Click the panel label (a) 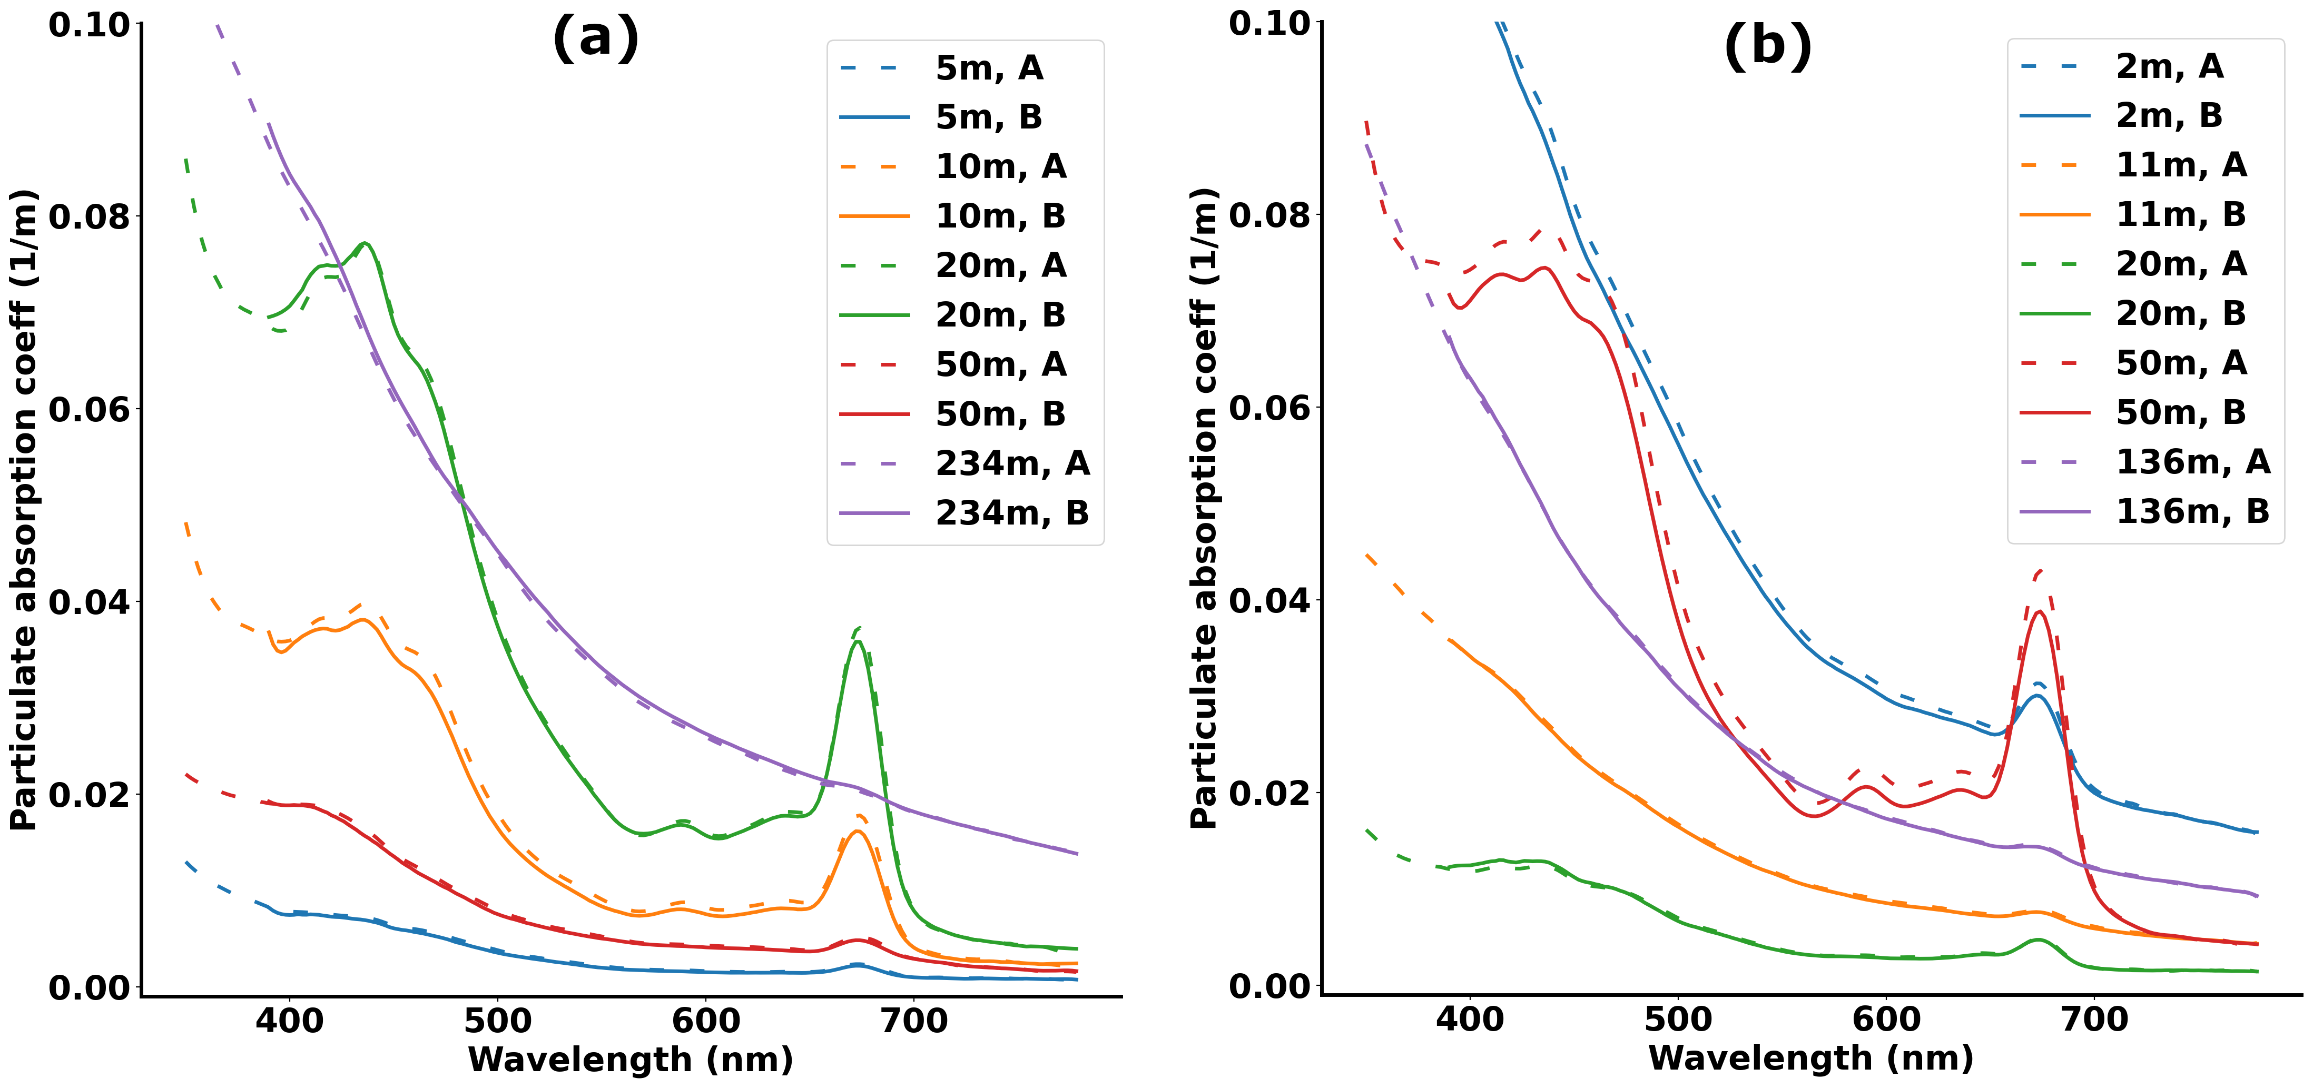(x=595, y=39)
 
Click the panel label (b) (x=1767, y=45)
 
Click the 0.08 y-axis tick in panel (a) (x=90, y=216)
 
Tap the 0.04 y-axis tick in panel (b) (x=1269, y=600)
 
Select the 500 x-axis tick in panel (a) (x=497, y=1021)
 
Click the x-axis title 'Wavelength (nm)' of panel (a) (x=631, y=1059)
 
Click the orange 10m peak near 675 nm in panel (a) (x=858, y=831)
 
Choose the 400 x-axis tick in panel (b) (x=1469, y=1019)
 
